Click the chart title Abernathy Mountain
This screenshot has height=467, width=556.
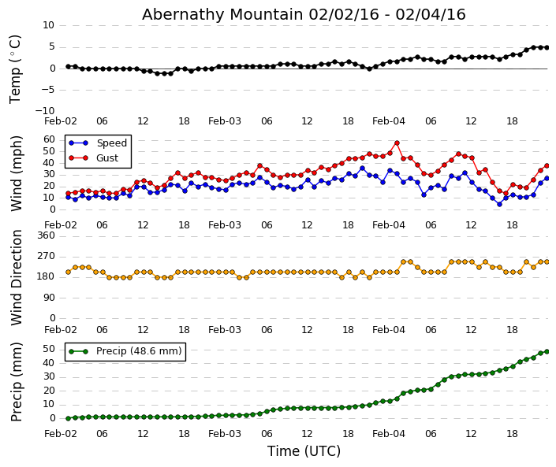tap(304, 14)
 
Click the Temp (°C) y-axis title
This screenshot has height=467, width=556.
tap(16, 69)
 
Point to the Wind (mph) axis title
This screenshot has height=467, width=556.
tap(17, 172)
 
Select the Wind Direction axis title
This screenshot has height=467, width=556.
tap(17, 277)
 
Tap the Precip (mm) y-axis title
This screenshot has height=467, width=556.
tap(17, 381)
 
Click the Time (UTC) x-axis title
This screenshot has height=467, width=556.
tap(304, 451)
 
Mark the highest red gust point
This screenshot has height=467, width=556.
tap(397, 143)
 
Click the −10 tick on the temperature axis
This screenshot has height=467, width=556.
tap(44, 111)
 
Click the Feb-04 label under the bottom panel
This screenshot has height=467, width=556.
tap(389, 434)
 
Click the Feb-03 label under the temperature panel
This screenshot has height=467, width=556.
tap(225, 121)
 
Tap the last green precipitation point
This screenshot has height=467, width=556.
tap(547, 351)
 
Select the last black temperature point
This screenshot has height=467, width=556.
tap(547, 47)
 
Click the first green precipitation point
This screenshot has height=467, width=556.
tap(68, 418)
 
